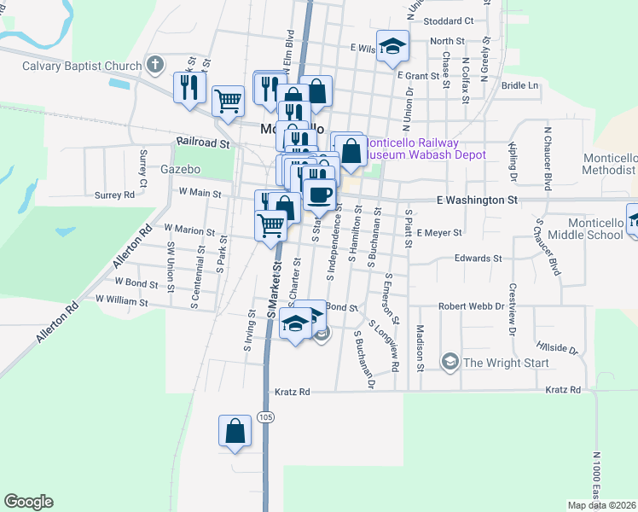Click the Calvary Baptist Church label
coord(82,66)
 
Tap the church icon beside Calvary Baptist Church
coord(154,64)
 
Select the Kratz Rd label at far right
coord(563,390)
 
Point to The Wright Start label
coord(497,362)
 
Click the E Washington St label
coord(477,200)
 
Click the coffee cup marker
coord(320,194)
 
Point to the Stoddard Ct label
coord(448,20)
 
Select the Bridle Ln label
coord(520,85)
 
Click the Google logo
coord(28,502)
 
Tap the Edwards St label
coord(478,258)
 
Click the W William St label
coord(122,300)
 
